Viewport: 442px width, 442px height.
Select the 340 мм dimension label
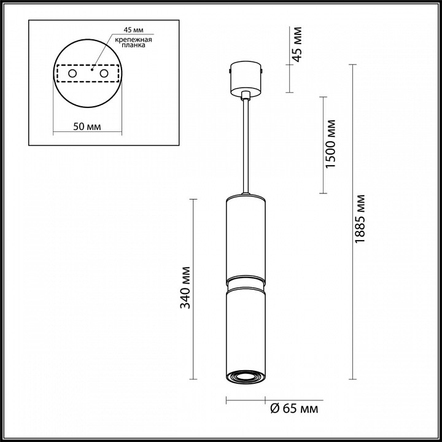tap(186, 287)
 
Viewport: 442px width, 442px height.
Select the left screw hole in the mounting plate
tap(72, 74)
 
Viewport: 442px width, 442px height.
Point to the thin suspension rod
tap(246, 147)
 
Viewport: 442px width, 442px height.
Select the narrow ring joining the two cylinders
tap(246, 283)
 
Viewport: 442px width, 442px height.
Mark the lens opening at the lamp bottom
tap(246, 376)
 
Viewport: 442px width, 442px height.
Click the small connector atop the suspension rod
tap(246, 95)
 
